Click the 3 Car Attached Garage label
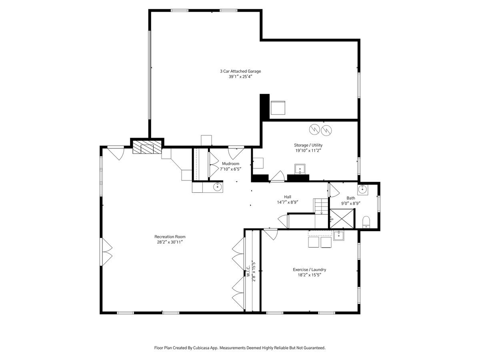pyautogui.click(x=240, y=71)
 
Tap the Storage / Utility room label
pyautogui.click(x=308, y=145)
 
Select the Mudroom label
pyautogui.click(x=230, y=164)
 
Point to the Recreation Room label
pyautogui.click(x=170, y=237)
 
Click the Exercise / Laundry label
pyautogui.click(x=310, y=270)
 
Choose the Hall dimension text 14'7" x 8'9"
pyautogui.click(x=288, y=202)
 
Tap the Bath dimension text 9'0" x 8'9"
pyautogui.click(x=351, y=204)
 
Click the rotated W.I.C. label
pyautogui.click(x=248, y=271)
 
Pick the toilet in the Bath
pyautogui.click(x=366, y=222)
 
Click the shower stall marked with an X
pyautogui.click(x=342, y=219)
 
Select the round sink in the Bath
pyautogui.click(x=362, y=190)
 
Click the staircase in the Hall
pyautogui.click(x=321, y=206)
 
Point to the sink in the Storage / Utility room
pyautogui.click(x=300, y=169)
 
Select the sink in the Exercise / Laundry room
pyautogui.click(x=339, y=236)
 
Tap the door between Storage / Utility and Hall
pyautogui.click(x=277, y=176)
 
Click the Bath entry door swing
pyautogui.click(x=334, y=190)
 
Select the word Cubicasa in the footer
pyautogui.click(x=201, y=348)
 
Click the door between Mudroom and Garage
pyautogui.click(x=236, y=153)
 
